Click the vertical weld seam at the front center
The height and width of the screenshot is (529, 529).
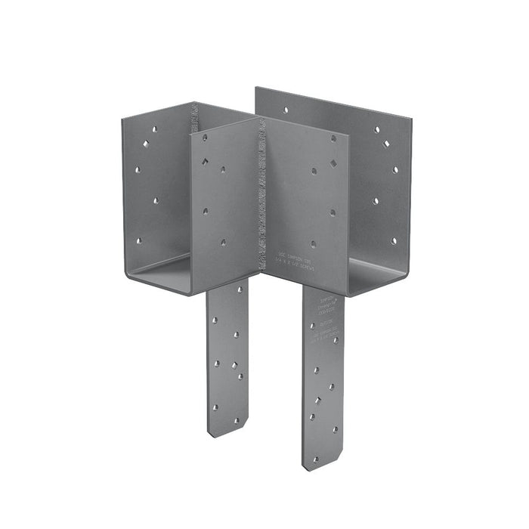tap(262, 196)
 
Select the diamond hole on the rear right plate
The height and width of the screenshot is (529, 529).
tap(386, 144)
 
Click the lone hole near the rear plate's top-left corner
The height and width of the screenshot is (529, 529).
tap(285, 110)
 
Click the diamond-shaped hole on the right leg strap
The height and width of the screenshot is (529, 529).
tap(329, 387)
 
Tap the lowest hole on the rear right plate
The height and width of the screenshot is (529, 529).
tap(393, 242)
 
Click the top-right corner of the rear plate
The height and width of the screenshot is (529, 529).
tap(410, 119)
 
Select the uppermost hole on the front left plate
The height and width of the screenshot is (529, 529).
tap(205, 138)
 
